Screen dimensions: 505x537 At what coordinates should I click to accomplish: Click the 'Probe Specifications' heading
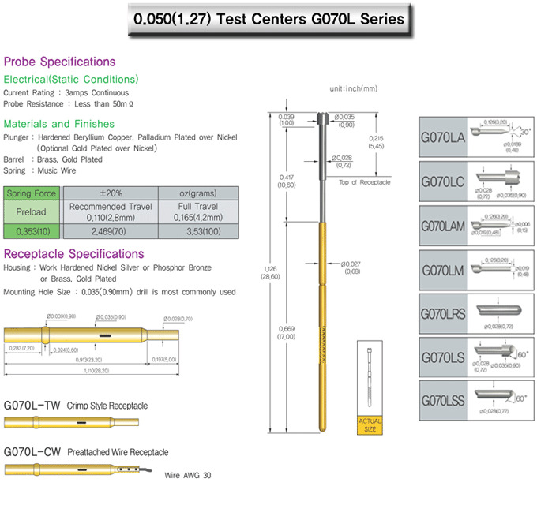click(59, 62)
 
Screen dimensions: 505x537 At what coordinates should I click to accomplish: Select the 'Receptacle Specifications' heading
click(74, 254)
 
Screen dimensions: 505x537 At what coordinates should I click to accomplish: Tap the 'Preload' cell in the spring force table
click(32, 211)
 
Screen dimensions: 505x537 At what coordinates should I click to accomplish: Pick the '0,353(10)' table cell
click(32, 230)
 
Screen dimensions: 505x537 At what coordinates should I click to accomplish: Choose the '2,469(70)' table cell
click(109, 230)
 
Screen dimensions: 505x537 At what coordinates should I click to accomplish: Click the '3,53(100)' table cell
click(197, 230)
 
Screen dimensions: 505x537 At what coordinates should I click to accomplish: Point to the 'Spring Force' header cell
click(32, 193)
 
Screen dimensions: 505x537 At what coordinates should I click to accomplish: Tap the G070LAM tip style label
click(444, 226)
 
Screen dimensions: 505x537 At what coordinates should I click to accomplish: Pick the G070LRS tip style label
click(442, 314)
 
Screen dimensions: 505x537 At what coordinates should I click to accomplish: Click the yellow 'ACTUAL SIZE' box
click(370, 425)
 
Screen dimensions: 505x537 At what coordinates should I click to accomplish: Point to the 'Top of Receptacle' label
click(364, 182)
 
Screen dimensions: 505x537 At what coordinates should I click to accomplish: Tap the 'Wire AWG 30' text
click(187, 476)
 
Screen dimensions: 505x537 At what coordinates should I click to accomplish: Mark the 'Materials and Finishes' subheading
click(59, 124)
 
